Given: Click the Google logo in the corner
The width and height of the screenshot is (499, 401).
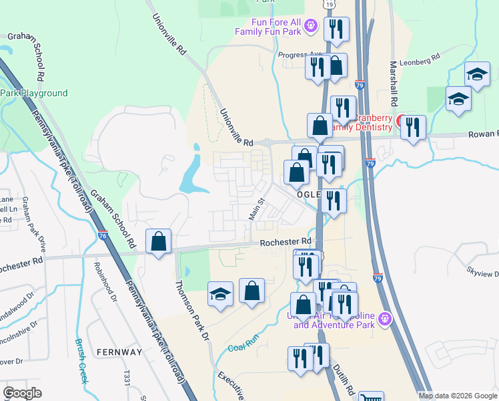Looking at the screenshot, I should pyautogui.click(x=23, y=392).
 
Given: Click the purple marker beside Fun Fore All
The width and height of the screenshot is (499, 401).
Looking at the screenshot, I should pyautogui.click(x=310, y=26).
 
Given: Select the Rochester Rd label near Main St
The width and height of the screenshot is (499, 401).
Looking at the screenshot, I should pyautogui.click(x=286, y=241).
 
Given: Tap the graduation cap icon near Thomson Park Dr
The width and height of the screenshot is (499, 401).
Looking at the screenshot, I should pyautogui.click(x=219, y=295).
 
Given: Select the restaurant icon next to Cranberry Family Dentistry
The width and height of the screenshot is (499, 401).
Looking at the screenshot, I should pyautogui.click(x=414, y=126).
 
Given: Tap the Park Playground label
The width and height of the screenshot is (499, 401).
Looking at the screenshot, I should pyautogui.click(x=34, y=94).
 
